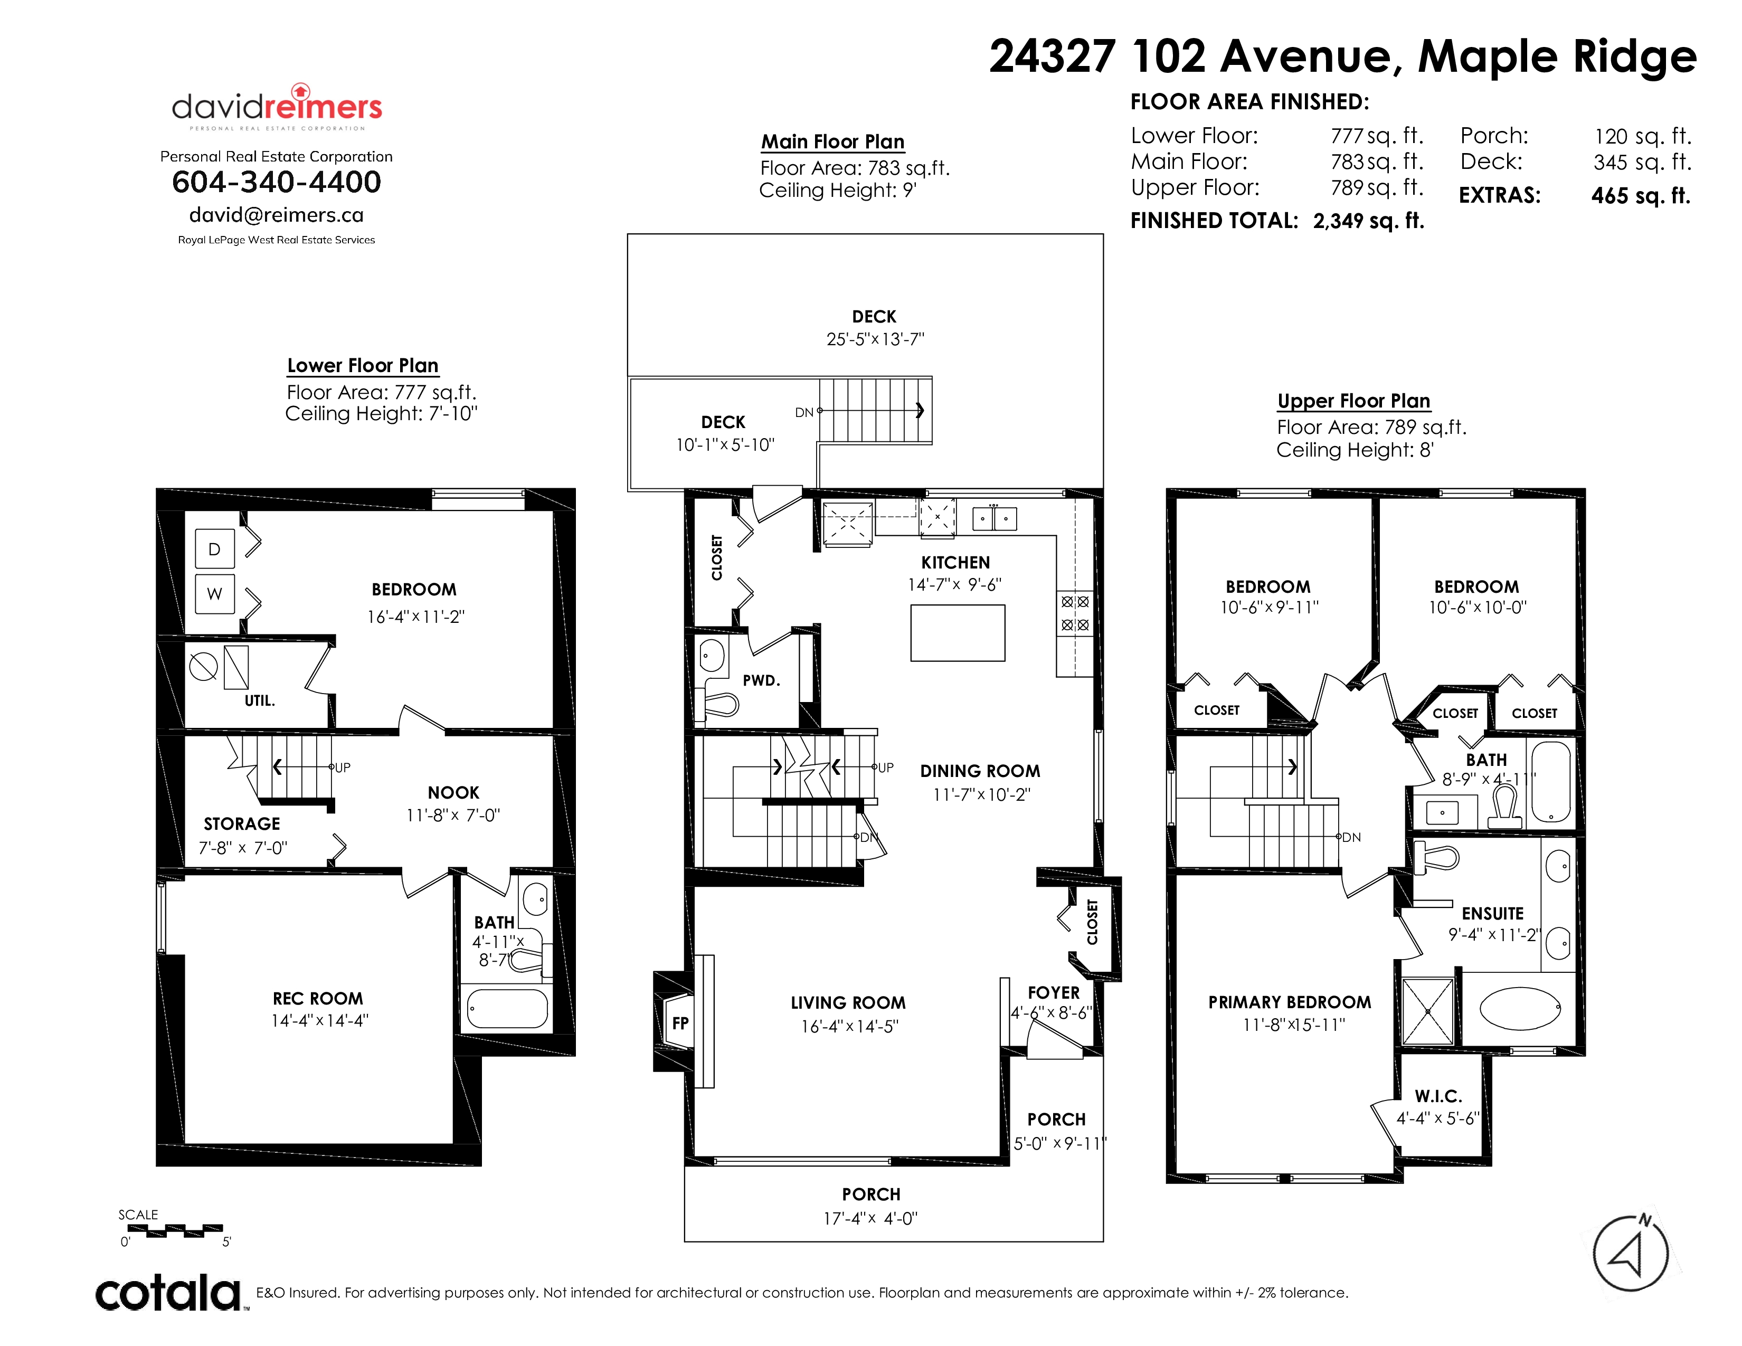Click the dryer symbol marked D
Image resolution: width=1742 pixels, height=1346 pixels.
click(x=214, y=548)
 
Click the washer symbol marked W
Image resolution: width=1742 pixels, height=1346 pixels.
click(x=214, y=593)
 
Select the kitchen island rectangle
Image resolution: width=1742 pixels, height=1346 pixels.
click(x=957, y=633)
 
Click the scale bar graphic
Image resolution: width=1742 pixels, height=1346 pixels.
click(x=175, y=1230)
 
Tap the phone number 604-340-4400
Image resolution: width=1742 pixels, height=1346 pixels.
click(x=277, y=182)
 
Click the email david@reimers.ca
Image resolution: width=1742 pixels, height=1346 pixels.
click(x=276, y=215)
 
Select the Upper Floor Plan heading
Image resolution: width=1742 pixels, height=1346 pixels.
click(x=1353, y=401)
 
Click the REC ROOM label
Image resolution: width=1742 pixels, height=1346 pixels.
click(x=317, y=998)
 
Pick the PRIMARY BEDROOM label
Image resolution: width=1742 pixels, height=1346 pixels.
click(x=1290, y=1002)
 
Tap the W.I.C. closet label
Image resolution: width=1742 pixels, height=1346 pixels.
click(x=1438, y=1096)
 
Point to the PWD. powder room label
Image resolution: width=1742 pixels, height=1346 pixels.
click(x=761, y=680)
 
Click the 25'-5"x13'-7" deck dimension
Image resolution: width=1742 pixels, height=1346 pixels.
click(x=875, y=339)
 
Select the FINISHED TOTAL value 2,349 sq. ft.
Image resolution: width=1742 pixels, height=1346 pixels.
click(x=1369, y=221)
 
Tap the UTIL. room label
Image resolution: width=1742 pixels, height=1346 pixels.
click(x=259, y=701)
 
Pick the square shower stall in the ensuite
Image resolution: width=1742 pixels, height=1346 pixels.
click(x=1428, y=1011)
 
